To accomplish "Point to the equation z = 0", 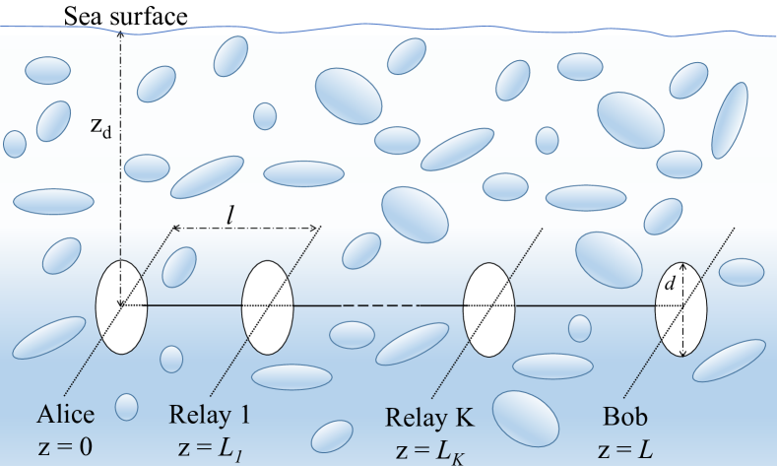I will click(65, 445).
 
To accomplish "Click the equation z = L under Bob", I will click(623, 445).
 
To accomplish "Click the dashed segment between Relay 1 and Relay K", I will click(379, 306).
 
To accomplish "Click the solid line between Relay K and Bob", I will click(585, 306).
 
